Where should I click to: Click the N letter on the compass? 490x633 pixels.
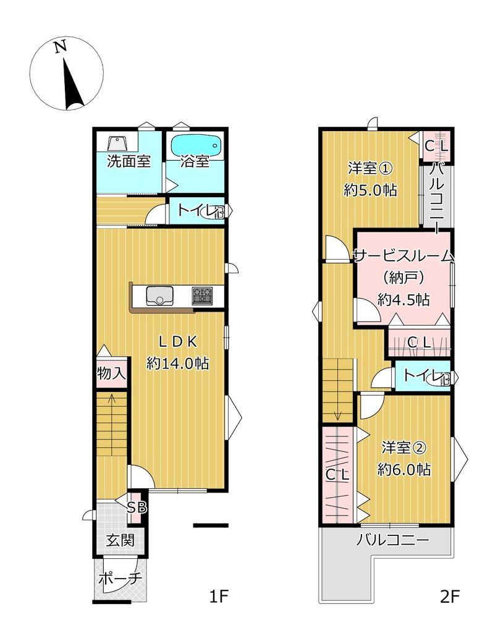[x=61, y=47]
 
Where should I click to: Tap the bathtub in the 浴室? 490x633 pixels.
[x=196, y=145]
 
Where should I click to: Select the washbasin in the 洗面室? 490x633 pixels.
[x=118, y=143]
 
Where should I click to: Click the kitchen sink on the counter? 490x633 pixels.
[x=160, y=295]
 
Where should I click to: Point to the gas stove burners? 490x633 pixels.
[x=202, y=295]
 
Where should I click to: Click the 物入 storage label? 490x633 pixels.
[x=111, y=373]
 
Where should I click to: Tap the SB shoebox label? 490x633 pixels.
[x=137, y=507]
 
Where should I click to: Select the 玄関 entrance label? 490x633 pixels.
[x=120, y=540]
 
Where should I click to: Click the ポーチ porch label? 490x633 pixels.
[x=120, y=579]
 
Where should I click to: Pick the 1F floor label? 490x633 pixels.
[x=219, y=596]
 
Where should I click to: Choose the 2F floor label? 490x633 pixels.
[x=450, y=596]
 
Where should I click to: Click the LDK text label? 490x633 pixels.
[x=177, y=342]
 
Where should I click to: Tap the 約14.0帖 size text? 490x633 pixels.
[x=177, y=363]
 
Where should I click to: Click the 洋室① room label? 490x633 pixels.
[x=370, y=168]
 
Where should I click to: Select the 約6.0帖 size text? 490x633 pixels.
[x=404, y=470]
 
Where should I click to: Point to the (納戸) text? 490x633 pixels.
[x=403, y=278]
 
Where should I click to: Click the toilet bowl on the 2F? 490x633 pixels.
[x=442, y=378]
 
